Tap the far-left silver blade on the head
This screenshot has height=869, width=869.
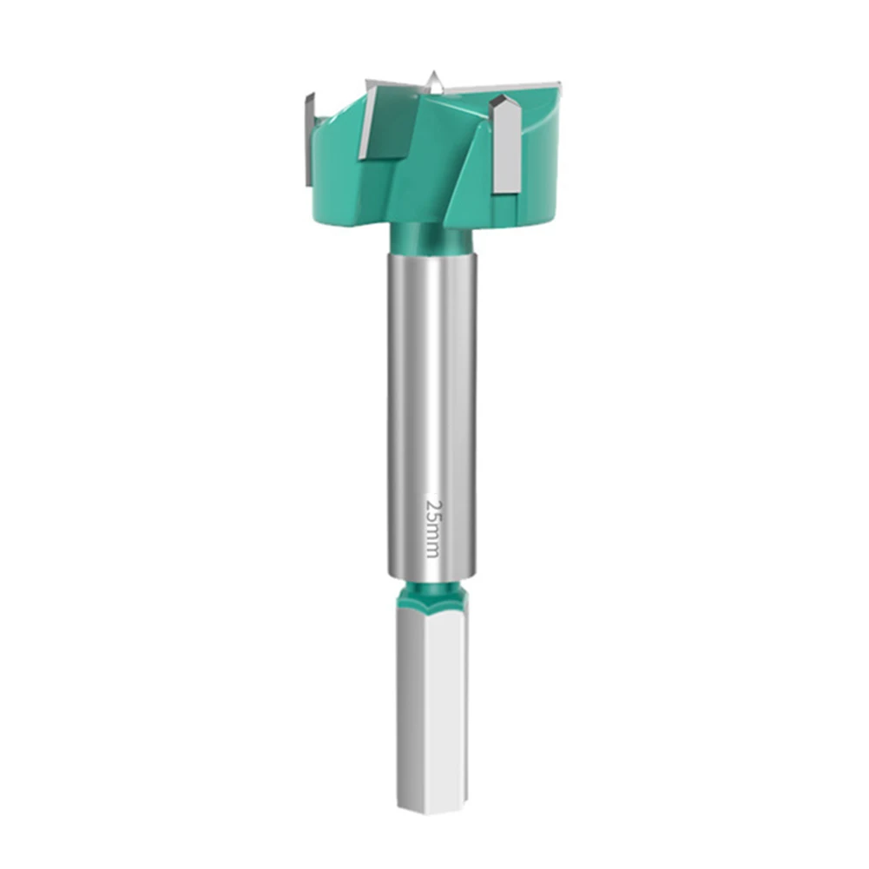309,139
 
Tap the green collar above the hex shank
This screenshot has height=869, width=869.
431,594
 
